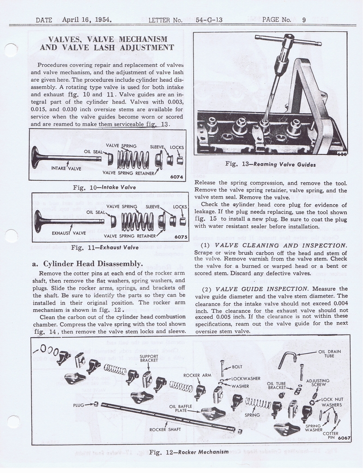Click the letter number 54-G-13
click(209, 20)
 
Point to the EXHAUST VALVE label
click(69, 233)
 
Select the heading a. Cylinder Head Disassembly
click(87, 264)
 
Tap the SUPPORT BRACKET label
click(149, 358)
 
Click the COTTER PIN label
click(330, 436)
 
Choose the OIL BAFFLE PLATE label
click(178, 408)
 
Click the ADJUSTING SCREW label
click(318, 382)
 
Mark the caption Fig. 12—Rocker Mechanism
click(189, 451)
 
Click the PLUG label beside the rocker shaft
click(78, 405)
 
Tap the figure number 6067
click(344, 438)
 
